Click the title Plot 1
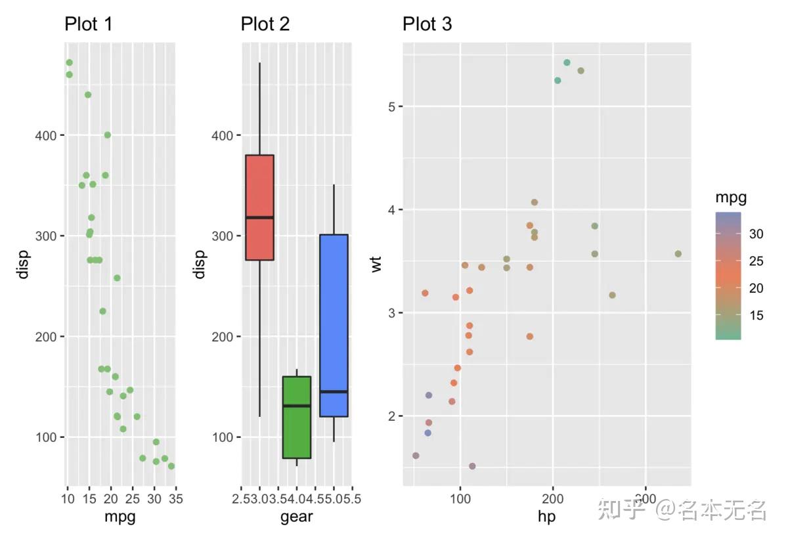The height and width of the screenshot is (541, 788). tap(89, 25)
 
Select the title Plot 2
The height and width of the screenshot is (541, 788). tap(265, 25)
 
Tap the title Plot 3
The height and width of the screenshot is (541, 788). tap(427, 25)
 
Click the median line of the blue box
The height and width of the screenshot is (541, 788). tap(334, 391)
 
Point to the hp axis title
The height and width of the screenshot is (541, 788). tap(546, 517)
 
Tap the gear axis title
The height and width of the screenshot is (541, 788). tap(297, 517)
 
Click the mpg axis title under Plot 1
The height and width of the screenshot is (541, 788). tap(121, 517)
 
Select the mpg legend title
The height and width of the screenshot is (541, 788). tap(731, 197)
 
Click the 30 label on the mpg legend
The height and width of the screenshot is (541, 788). tap(755, 234)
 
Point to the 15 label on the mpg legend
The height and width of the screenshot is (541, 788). tap(755, 316)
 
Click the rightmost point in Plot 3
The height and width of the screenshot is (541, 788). tap(678, 254)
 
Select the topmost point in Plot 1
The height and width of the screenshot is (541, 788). tap(69, 63)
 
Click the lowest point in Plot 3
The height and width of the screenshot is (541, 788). tap(472, 466)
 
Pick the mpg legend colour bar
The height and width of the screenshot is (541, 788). tap(728, 276)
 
